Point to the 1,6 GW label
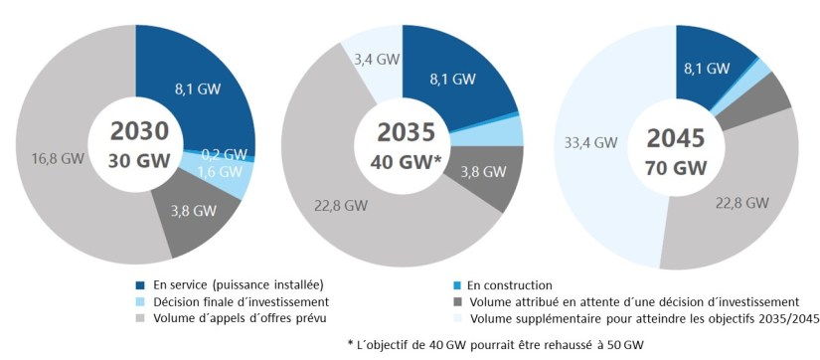pos(216,171)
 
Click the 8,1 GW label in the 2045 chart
pos(707,68)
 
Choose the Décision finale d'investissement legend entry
pos(235,301)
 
